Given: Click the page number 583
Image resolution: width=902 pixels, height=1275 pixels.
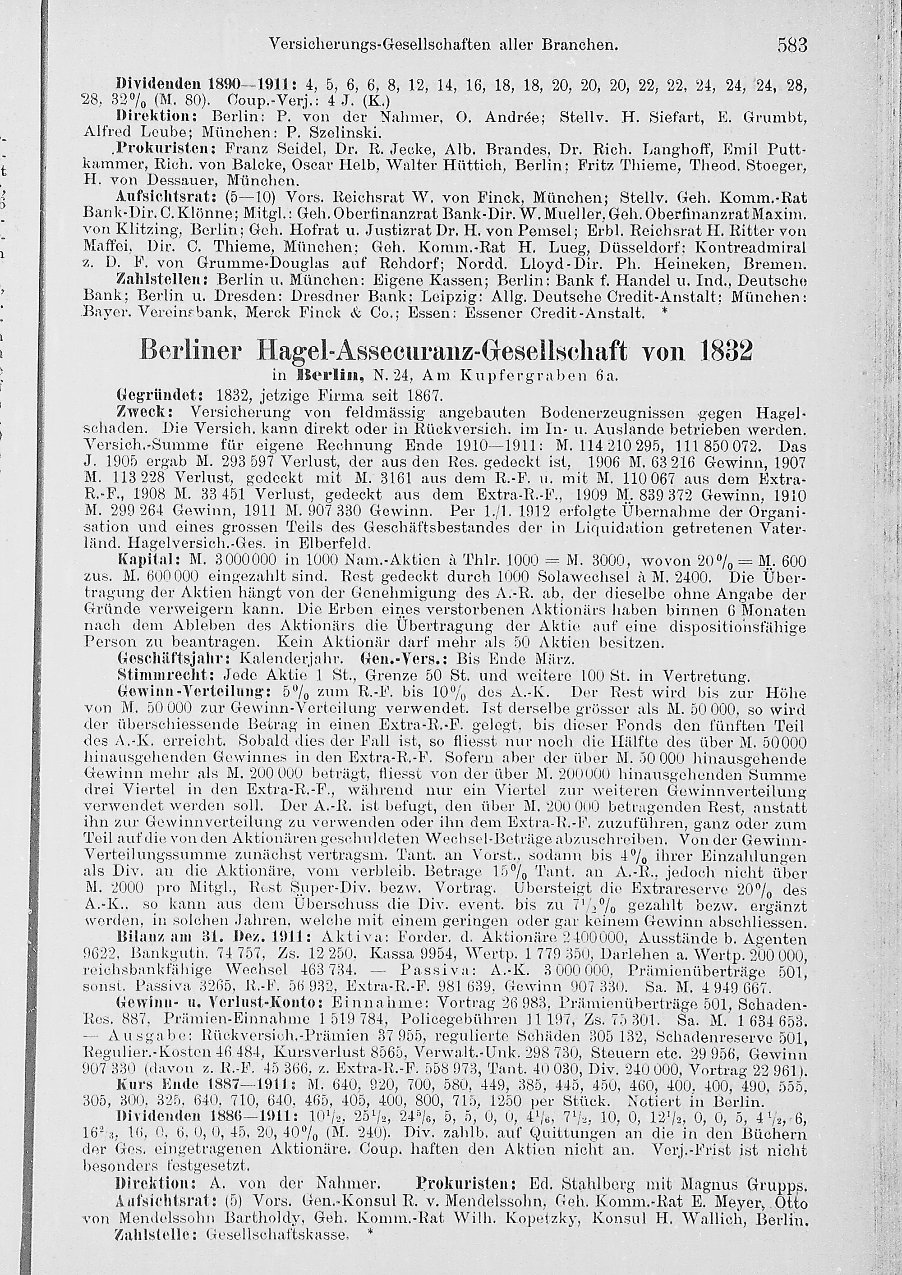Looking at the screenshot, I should (792, 45).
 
